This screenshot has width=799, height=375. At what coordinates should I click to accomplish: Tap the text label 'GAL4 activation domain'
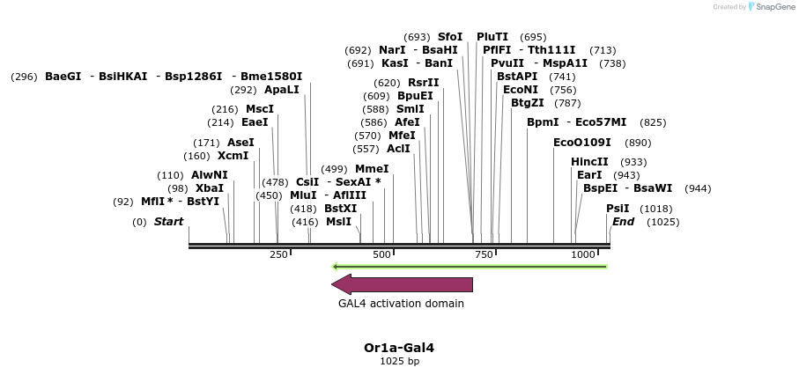401,304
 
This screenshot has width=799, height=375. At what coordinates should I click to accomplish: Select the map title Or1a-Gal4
399,348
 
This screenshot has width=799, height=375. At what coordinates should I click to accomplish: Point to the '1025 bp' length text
399,361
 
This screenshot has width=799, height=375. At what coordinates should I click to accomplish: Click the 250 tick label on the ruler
278,254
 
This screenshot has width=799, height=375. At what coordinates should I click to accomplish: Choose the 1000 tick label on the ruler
583,254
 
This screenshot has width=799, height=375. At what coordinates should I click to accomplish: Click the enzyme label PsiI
618,209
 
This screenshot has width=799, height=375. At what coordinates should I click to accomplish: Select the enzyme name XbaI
210,188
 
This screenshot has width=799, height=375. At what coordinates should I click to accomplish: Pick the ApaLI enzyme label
282,90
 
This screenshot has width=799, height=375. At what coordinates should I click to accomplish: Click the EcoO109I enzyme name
581,143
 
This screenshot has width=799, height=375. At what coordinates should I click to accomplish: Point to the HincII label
589,162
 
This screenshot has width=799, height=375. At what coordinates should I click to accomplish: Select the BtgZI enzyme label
528,103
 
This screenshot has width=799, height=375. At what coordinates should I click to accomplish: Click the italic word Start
168,222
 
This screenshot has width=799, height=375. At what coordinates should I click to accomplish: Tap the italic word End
623,222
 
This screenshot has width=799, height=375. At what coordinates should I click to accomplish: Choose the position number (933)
633,162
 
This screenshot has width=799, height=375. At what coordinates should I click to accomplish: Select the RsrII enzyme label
424,83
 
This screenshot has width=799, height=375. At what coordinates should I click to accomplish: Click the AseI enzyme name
240,143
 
